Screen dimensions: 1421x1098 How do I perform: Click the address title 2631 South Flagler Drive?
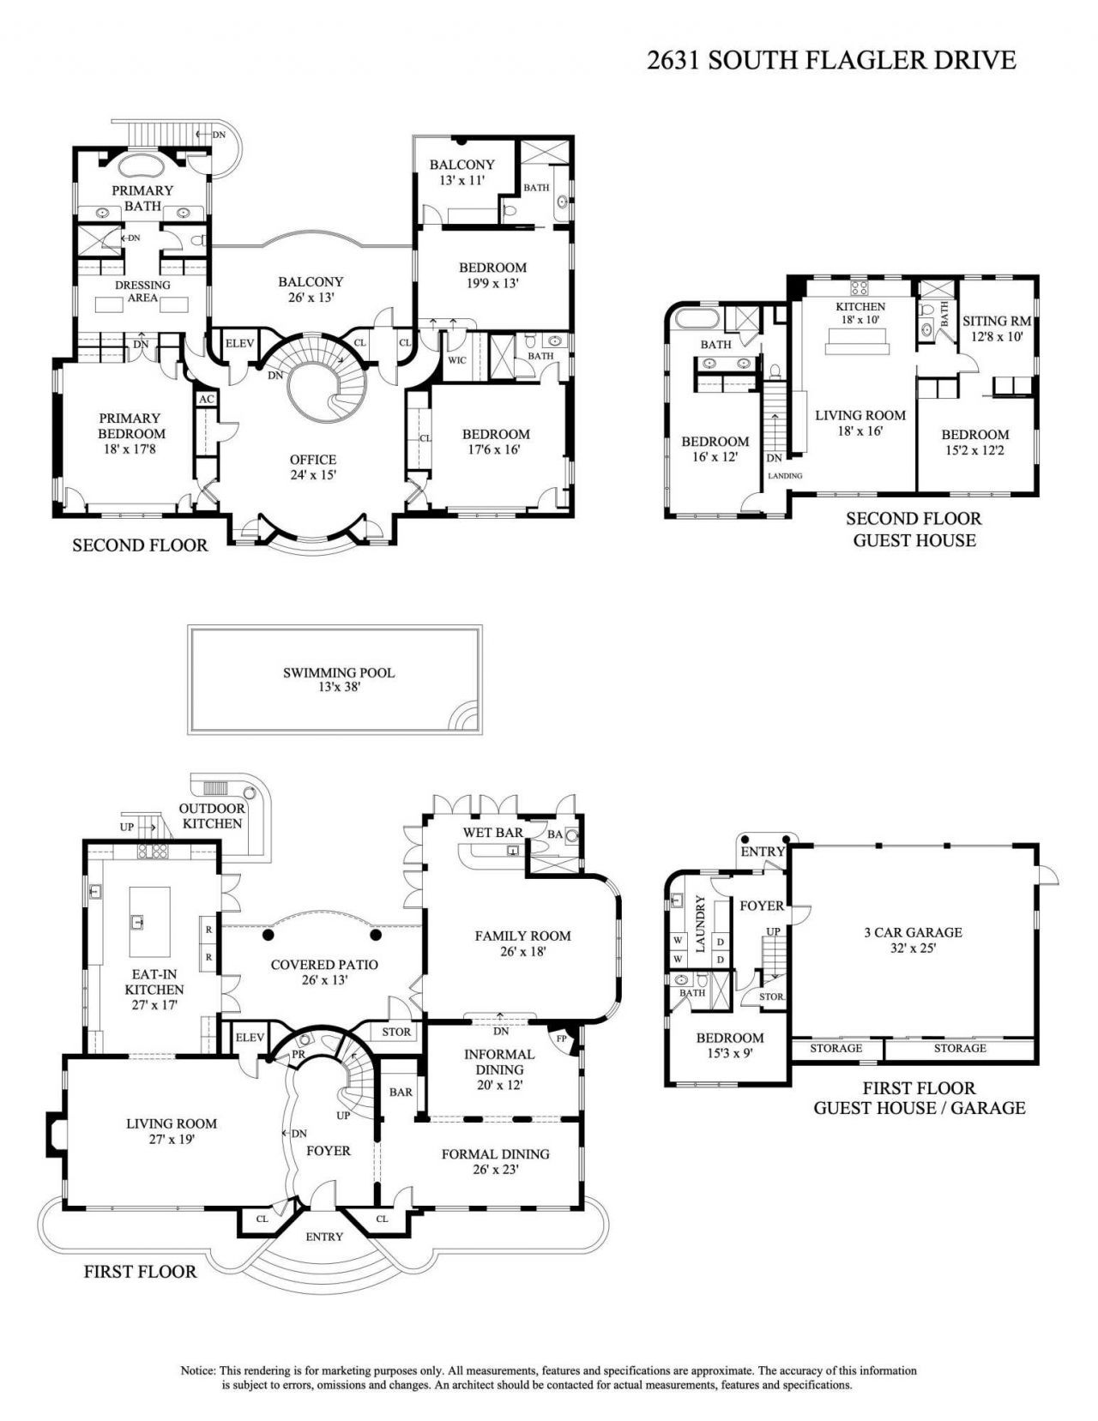pyautogui.click(x=830, y=59)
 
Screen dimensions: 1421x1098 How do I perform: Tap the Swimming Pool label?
pyautogui.click(x=339, y=679)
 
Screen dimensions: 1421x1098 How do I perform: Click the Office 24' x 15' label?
pyautogui.click(x=313, y=467)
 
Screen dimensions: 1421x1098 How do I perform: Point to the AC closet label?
pyautogui.click(x=206, y=400)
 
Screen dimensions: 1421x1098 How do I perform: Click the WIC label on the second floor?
pyautogui.click(x=456, y=360)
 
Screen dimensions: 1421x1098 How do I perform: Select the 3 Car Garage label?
pyautogui.click(x=913, y=939)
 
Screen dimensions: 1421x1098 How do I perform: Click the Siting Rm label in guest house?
pyautogui.click(x=996, y=328)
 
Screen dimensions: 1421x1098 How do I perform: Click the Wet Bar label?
pyautogui.click(x=493, y=833)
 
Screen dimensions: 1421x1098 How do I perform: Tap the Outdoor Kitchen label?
pyautogui.click(x=212, y=816)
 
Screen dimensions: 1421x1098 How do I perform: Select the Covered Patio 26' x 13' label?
pyautogui.click(x=324, y=972)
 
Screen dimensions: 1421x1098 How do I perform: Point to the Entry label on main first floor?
pyautogui.click(x=324, y=1237)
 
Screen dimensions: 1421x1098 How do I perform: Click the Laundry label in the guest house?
pyautogui.click(x=699, y=924)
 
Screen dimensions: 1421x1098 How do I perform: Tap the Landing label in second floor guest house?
pyautogui.click(x=785, y=476)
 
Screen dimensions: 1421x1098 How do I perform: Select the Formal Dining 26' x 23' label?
pyautogui.click(x=495, y=1161)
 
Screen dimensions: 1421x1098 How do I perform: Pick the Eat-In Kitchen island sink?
pyautogui.click(x=136, y=923)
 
